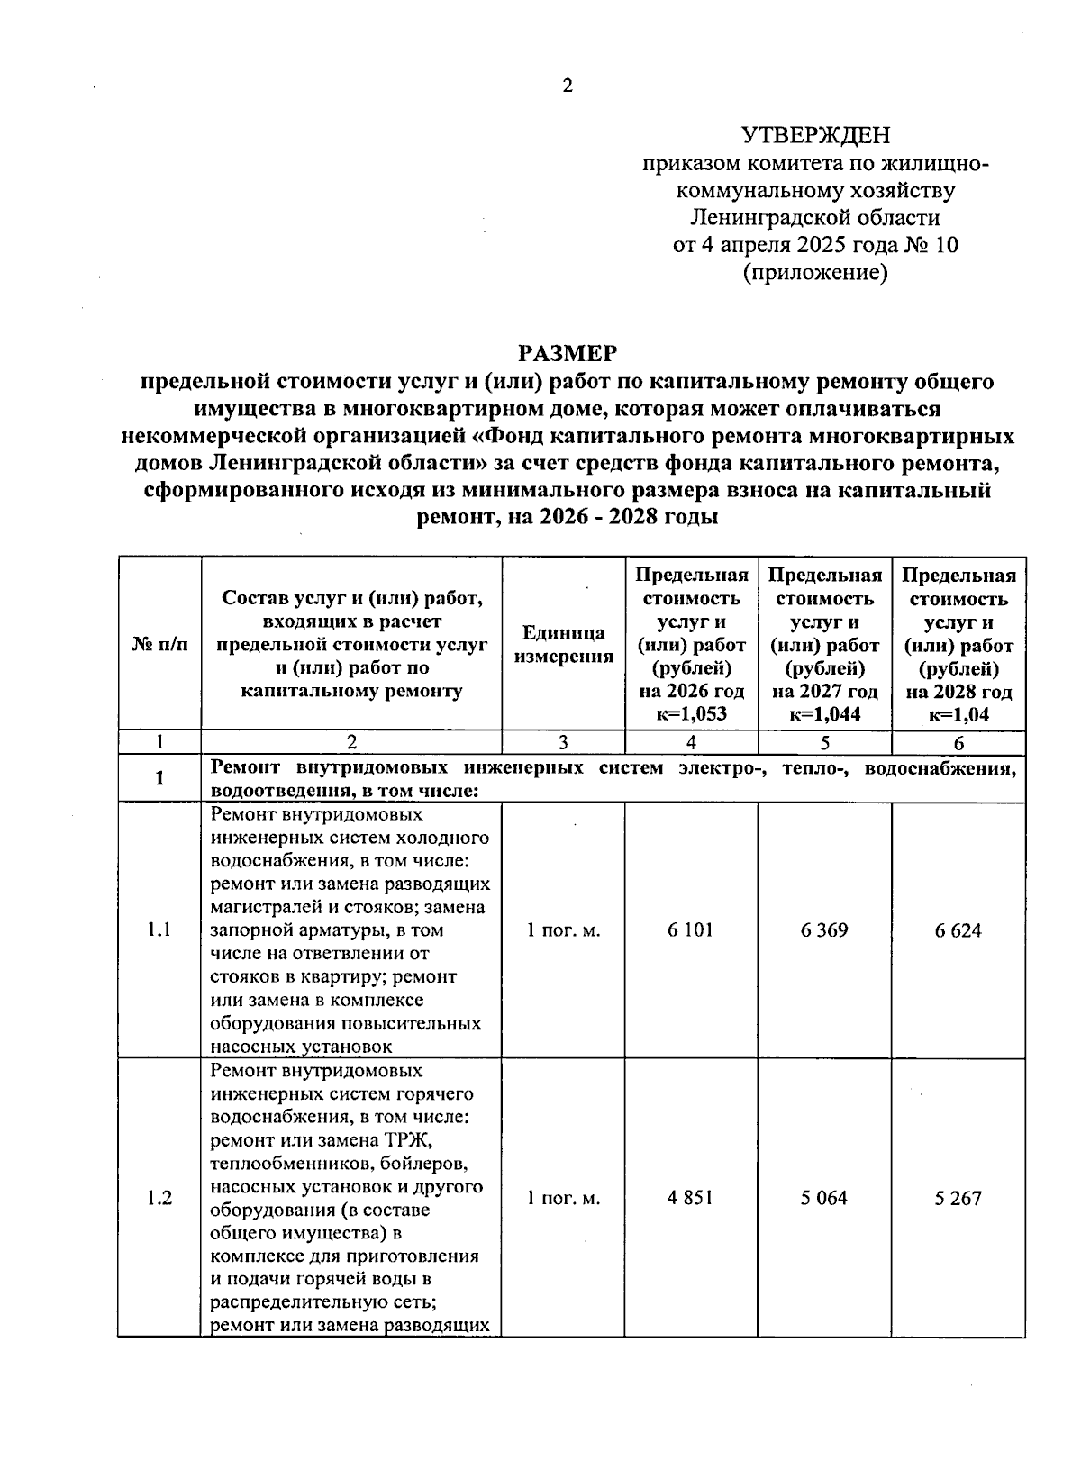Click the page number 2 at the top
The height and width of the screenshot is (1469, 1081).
coord(567,86)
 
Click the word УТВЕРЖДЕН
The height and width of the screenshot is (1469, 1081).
coord(814,136)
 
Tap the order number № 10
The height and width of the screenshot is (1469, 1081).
coord(933,245)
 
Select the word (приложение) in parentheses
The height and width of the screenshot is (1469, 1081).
coord(814,272)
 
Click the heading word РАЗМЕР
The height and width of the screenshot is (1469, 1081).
coord(568,353)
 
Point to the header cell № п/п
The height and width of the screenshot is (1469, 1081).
coord(159,645)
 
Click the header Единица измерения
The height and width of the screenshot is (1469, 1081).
coord(563,645)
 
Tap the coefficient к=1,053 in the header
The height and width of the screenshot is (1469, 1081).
coord(691,715)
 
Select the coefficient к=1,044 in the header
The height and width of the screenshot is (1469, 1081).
coord(824,715)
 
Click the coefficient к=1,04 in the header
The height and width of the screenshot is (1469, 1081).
coord(958,715)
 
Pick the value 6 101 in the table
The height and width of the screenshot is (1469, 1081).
coord(690,930)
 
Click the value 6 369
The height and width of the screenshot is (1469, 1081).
coord(823,930)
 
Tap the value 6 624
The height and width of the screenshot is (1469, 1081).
coord(958,931)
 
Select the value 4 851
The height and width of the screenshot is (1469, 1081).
coord(690,1199)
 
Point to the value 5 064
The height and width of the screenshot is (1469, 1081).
coord(823,1199)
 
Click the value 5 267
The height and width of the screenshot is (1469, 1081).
coord(958,1199)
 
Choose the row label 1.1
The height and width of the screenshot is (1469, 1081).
coord(159,930)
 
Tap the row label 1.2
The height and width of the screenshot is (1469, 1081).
coord(159,1199)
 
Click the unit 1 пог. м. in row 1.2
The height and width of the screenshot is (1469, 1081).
coord(563,1199)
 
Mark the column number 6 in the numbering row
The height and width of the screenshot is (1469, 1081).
coord(958,744)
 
